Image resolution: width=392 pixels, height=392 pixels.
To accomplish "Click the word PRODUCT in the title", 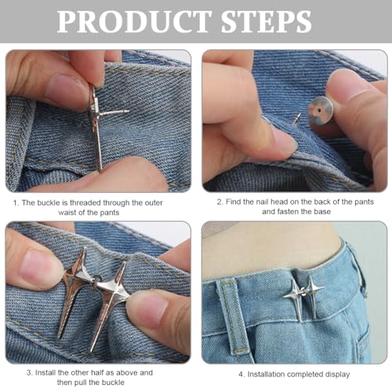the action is click(134, 21).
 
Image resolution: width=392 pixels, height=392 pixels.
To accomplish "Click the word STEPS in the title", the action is click(266, 21).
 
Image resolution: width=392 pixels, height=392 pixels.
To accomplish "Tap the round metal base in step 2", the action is click(321, 111).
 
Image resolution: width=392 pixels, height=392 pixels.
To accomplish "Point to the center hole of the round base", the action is click(320, 111).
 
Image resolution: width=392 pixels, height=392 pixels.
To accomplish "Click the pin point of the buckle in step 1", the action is click(128, 111).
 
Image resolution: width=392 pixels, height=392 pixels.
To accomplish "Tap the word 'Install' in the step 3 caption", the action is click(45, 372).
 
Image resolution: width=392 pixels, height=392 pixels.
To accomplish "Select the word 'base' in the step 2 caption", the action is click(322, 212).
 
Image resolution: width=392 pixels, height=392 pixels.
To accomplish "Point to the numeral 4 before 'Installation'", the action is click(241, 375).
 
